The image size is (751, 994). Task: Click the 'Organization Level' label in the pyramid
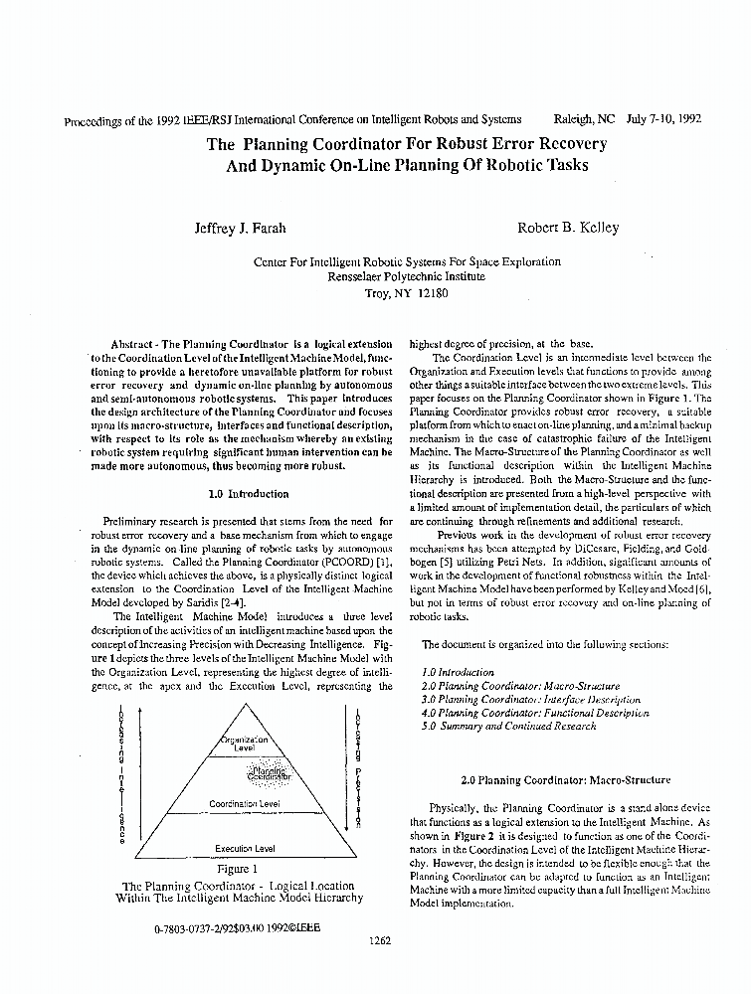point(244,744)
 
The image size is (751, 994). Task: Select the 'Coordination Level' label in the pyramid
point(244,803)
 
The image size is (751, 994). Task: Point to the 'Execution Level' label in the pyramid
point(245,849)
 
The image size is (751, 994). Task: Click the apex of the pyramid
point(244,705)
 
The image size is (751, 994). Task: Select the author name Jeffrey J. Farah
point(240,228)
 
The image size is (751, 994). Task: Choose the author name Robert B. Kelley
point(568,228)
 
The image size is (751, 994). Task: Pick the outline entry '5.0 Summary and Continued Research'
point(509,727)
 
